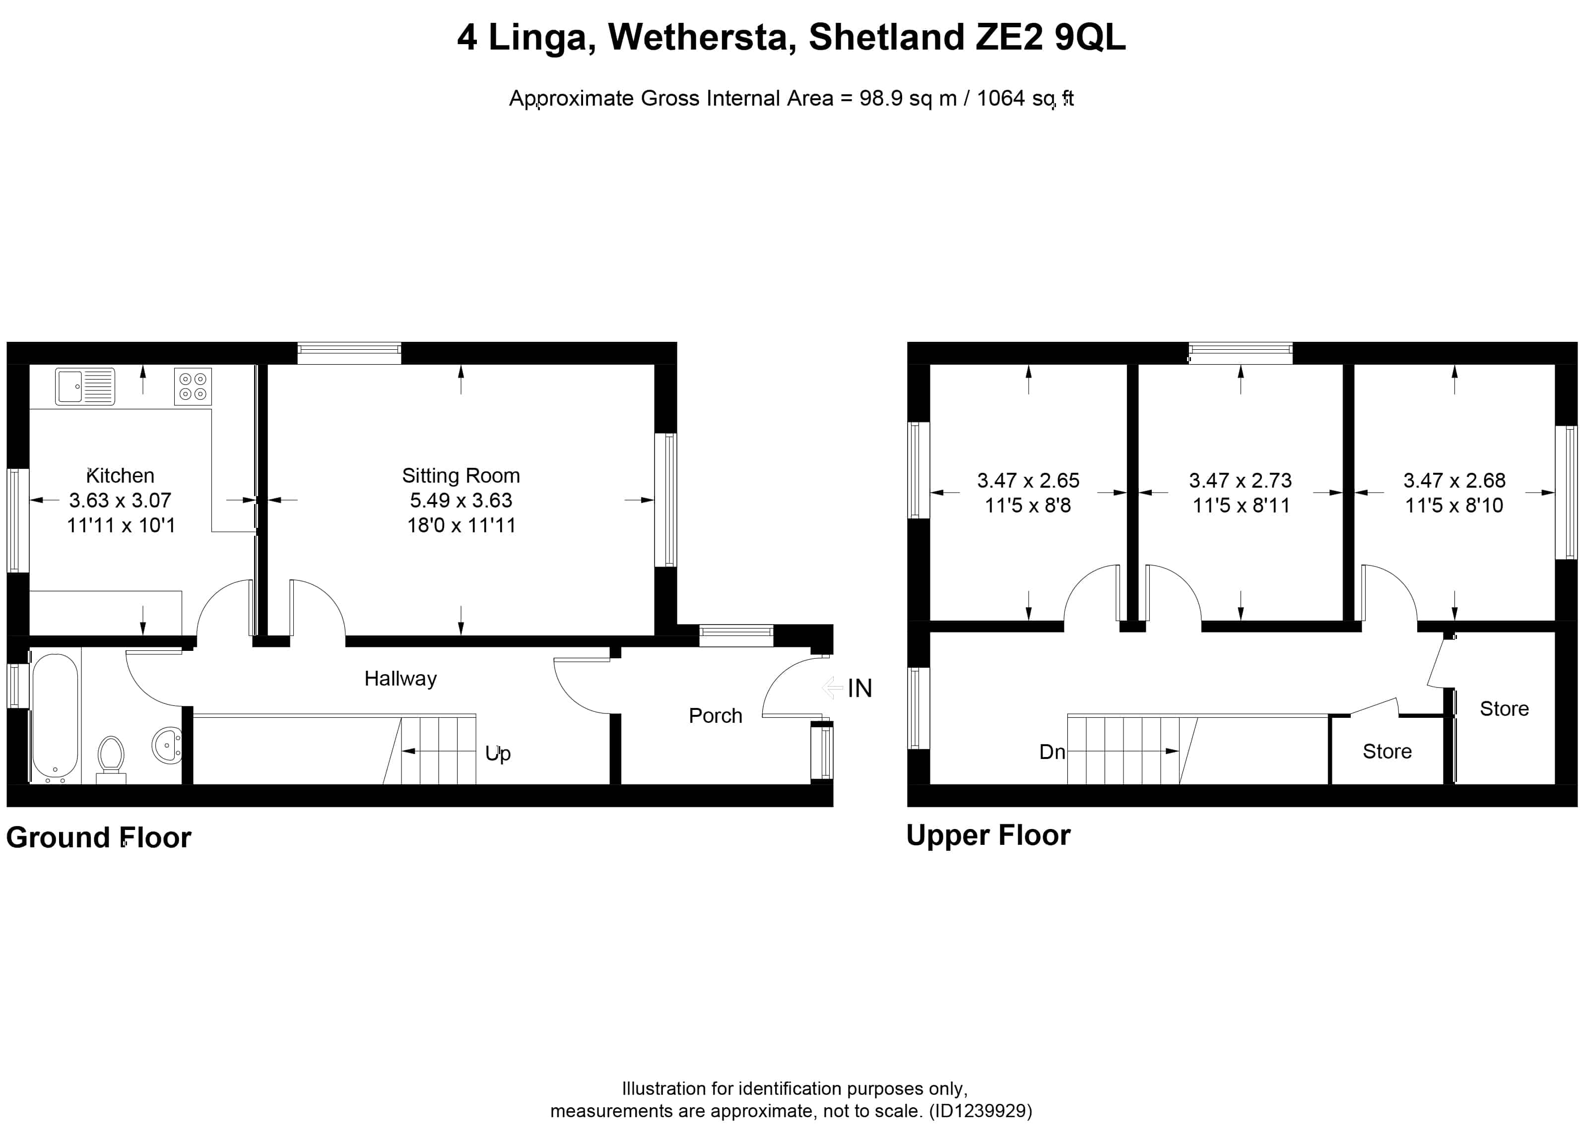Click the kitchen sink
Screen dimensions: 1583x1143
(85, 386)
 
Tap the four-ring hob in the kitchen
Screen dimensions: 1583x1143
(193, 386)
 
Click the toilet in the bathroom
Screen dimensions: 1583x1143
(111, 759)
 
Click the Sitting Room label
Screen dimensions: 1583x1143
(461, 476)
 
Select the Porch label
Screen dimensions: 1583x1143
(716, 715)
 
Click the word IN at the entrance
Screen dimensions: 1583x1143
(860, 689)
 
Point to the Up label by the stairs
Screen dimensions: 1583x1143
(498, 754)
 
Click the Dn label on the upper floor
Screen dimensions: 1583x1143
(1052, 752)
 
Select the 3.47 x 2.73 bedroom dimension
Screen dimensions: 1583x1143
(1240, 480)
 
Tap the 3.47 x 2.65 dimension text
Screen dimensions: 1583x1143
(1028, 480)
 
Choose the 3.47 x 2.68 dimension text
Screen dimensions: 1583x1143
(1454, 480)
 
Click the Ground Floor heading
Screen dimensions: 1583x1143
(98, 837)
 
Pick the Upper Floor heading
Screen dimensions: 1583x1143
(989, 835)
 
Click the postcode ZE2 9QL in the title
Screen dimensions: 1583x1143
(1051, 38)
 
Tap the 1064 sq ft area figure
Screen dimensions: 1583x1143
(1025, 98)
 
